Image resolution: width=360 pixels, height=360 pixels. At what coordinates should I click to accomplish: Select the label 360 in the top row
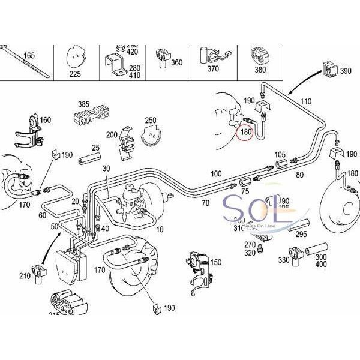point(176,62)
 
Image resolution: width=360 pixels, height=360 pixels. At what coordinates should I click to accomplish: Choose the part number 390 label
point(346,71)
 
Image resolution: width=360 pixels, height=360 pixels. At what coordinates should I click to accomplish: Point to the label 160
point(46,119)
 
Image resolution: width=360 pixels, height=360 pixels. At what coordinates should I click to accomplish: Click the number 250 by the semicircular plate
point(150,121)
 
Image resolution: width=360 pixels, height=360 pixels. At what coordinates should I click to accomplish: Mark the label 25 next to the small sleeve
point(95,147)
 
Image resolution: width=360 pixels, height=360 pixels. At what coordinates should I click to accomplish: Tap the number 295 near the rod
point(301,235)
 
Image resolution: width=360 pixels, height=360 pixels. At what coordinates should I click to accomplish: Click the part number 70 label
point(205,203)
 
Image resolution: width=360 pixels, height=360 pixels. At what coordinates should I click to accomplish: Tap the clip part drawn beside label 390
point(329,69)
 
